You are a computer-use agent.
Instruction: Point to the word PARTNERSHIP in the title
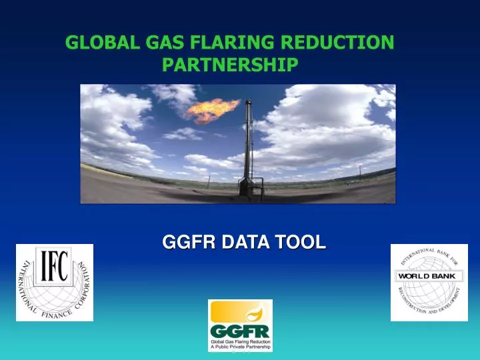(x=230, y=64)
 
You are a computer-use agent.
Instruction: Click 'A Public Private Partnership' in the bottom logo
(x=240, y=347)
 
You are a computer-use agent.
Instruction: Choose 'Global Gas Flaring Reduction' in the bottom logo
(x=240, y=341)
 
